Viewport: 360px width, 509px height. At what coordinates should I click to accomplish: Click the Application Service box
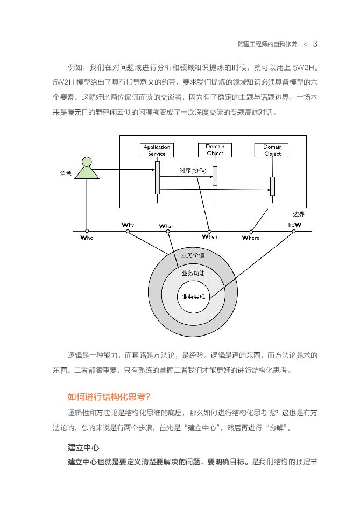click(157, 150)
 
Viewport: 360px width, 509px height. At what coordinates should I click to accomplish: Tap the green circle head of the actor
click(86, 161)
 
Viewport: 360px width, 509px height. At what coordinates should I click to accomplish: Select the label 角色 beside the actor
click(66, 173)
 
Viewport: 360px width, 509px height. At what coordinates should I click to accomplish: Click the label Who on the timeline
click(86, 238)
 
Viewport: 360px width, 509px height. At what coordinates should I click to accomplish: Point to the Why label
click(128, 225)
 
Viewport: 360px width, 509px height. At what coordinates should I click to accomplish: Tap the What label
click(166, 227)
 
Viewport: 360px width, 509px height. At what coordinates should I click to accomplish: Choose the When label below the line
click(209, 236)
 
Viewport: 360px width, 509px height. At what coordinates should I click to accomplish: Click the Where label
click(250, 238)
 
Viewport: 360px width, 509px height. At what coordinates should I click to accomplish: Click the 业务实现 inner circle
click(193, 296)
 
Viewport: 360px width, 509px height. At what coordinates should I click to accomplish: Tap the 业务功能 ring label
click(193, 273)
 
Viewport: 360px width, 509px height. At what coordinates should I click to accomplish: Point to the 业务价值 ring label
click(193, 255)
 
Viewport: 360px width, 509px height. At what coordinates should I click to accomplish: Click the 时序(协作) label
click(193, 171)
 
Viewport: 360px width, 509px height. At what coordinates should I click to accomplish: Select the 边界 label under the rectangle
click(299, 213)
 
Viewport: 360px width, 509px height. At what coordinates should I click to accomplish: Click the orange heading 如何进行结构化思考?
click(109, 397)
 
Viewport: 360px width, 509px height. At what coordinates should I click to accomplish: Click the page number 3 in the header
click(315, 44)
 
